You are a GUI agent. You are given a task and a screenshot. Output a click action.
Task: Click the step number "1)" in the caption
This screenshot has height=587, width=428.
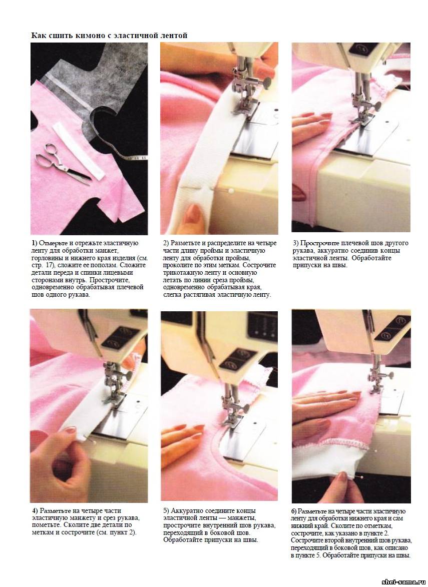(x=34, y=243)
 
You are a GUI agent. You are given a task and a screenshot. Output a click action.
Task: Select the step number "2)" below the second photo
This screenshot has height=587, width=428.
(x=166, y=243)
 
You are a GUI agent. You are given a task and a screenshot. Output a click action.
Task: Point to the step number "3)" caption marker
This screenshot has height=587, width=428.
(x=296, y=243)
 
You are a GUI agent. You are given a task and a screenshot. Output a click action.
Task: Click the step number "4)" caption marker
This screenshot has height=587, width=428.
(x=35, y=510)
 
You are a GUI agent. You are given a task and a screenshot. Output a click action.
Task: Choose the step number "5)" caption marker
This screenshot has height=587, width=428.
(x=166, y=510)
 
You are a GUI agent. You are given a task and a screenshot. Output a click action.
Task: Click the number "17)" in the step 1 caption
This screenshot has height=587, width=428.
(x=50, y=265)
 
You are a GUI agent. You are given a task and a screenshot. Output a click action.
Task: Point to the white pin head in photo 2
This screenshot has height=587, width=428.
(x=231, y=191)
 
